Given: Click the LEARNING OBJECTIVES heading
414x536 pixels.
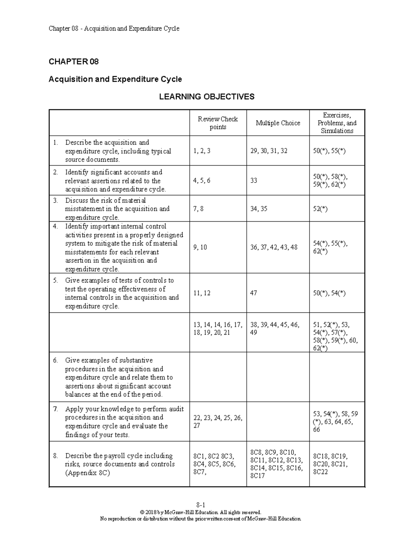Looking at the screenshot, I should (206, 97).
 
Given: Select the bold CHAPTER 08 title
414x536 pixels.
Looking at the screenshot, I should (73, 61).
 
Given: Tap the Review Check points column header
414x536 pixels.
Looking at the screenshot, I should (218, 123).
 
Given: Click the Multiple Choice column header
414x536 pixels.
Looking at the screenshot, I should (278, 123).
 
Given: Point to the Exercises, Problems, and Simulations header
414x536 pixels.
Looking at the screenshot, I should (337, 123).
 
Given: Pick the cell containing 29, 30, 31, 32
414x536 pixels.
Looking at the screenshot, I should (269, 151).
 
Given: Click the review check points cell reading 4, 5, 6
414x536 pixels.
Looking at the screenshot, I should (202, 181).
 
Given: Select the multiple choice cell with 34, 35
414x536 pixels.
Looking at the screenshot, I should (259, 209).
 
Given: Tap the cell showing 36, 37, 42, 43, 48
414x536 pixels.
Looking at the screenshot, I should (274, 247).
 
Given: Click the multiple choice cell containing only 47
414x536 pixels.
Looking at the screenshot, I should (254, 293).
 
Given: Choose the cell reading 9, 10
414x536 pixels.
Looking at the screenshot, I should (200, 247).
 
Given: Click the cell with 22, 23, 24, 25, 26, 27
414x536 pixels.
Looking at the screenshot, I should (218, 421).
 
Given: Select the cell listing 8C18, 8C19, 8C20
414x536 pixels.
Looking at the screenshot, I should (330, 464).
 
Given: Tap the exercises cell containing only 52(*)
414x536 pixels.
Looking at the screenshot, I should (320, 209).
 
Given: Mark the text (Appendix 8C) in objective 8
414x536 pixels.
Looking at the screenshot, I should (87, 473).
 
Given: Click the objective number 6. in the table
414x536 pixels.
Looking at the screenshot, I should (56, 360).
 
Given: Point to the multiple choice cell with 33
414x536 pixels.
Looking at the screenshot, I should (254, 181).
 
